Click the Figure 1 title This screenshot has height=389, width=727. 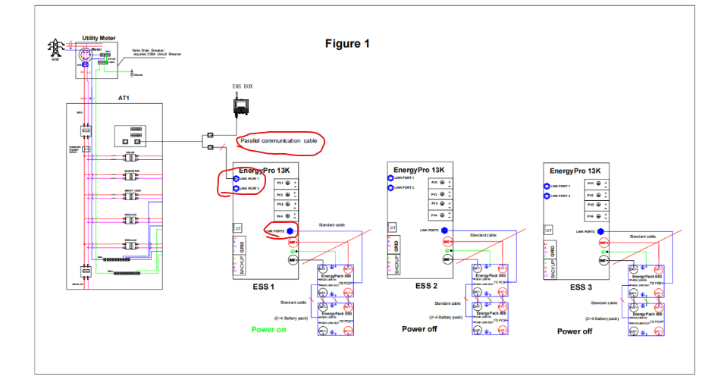coord(347,43)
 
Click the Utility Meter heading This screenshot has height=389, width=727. coord(99,37)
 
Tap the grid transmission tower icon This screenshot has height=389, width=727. coord(55,48)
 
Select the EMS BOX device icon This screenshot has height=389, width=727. coord(243,105)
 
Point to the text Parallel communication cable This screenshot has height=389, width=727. coord(278,141)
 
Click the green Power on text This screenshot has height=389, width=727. coord(268,329)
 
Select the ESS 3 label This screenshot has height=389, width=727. coord(580,287)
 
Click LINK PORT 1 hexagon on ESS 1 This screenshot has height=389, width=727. coord(236,178)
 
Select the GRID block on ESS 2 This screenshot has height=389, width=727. coord(396,246)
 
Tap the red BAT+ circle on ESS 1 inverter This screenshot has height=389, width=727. coord(292,243)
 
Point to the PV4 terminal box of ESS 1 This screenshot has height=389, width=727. coord(285,217)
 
